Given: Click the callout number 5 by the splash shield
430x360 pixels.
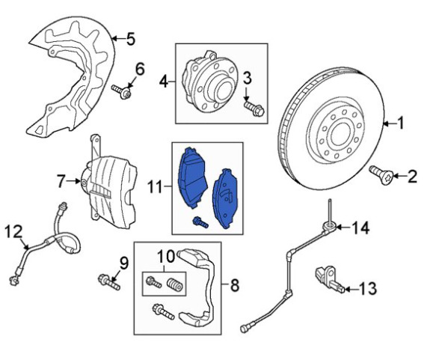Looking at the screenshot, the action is pyautogui.click(x=131, y=39).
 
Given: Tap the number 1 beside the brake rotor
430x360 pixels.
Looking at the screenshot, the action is pyautogui.click(x=401, y=123).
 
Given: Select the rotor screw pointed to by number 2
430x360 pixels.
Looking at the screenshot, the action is pyautogui.click(x=381, y=175).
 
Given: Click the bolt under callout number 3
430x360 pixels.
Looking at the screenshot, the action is pyautogui.click(x=254, y=109).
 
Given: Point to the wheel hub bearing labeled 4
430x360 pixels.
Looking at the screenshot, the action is pyautogui.click(x=209, y=81).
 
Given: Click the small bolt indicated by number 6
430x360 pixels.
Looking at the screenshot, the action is pyautogui.click(x=121, y=91).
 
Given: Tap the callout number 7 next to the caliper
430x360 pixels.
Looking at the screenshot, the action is pyautogui.click(x=61, y=181).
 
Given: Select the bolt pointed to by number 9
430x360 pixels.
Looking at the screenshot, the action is pyautogui.click(x=109, y=282).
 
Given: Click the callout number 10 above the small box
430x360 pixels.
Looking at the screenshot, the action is pyautogui.click(x=166, y=257).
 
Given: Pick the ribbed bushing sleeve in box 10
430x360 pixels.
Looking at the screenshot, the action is pyautogui.click(x=175, y=285).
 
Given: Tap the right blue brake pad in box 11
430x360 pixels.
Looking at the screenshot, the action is pyautogui.click(x=225, y=198).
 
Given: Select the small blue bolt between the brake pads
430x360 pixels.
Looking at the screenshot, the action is pyautogui.click(x=200, y=222).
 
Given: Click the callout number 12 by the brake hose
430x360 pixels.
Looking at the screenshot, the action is pyautogui.click(x=14, y=232).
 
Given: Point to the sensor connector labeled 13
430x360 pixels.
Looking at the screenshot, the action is pyautogui.click(x=329, y=278).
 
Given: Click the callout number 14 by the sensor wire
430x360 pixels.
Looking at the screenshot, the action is pyautogui.click(x=360, y=228).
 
